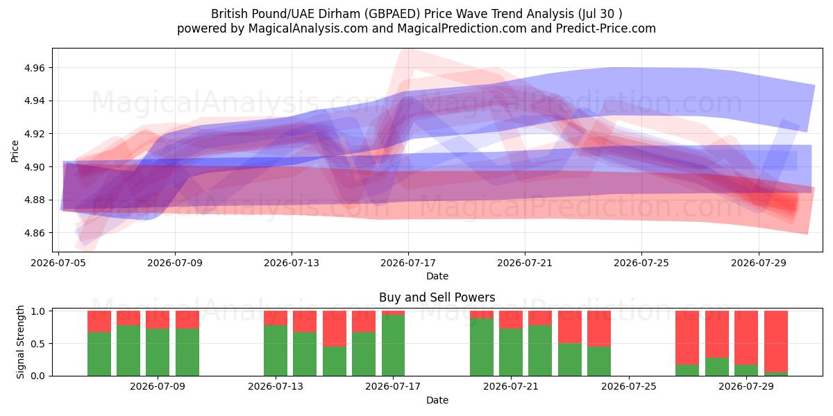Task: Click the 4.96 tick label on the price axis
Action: pos(34,68)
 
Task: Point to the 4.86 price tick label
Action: pos(34,233)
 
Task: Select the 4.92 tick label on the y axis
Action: pos(34,134)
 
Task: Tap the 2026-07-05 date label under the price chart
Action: pos(58,263)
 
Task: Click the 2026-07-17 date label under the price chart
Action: pos(408,263)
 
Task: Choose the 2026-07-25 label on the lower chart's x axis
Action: pos(629,386)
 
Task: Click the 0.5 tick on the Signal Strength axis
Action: pos(37,344)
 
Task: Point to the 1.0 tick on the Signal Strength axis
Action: pos(37,311)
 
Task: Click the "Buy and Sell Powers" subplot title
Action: pos(437,297)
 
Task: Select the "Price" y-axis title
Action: pos(15,151)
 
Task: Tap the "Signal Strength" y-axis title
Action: pos(20,342)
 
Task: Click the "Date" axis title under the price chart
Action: pos(437,276)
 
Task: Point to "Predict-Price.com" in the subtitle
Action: pos(606,28)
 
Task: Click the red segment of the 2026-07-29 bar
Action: pos(746,338)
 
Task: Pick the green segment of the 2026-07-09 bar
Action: pos(158,352)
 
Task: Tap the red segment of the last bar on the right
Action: pos(776,341)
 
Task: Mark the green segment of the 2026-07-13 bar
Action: pos(276,351)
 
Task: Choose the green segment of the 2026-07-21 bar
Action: pos(511,352)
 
